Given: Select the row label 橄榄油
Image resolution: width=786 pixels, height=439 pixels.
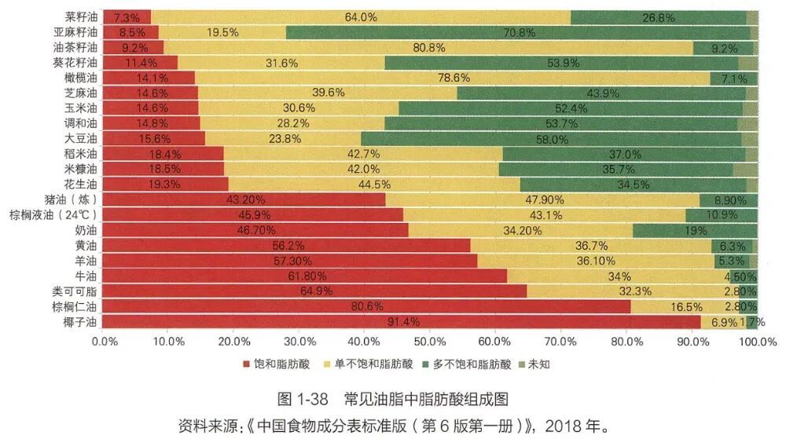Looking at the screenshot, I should coord(80,78).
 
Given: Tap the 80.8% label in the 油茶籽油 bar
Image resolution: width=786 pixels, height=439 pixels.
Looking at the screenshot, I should coord(429,47).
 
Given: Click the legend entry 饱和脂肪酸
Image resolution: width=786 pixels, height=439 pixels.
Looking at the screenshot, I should coord(277,364).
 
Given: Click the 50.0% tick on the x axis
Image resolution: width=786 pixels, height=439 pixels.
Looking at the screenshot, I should coord(431,342).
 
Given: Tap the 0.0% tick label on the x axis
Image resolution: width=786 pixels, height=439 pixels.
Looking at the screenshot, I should coord(105,342).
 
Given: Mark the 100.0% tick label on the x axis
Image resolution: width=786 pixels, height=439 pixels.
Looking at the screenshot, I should coord(758,342).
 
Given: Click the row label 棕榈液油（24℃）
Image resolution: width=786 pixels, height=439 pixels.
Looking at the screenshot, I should coord(53,214).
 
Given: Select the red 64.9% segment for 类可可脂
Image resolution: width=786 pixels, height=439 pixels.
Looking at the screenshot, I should coord(313,291).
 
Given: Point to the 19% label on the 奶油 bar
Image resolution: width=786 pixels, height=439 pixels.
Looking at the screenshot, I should coord(695,230).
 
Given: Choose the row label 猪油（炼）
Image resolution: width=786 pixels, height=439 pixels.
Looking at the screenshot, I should coord(72,199).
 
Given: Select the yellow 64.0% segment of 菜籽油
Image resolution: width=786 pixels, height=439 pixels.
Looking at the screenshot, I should coord(360,16).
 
